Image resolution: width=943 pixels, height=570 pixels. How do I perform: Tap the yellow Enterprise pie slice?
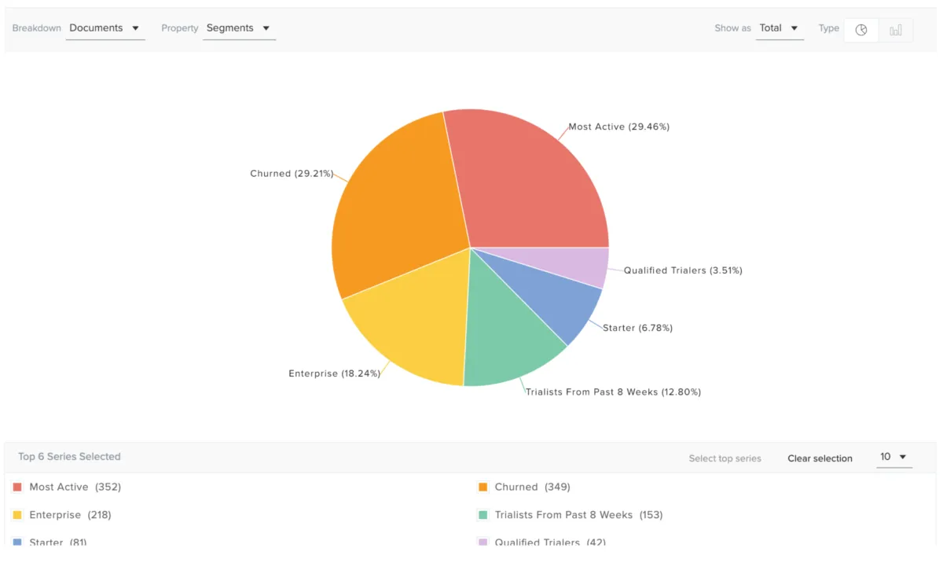pyautogui.click(x=409, y=322)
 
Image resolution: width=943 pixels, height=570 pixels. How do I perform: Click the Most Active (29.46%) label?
pyautogui.click(x=618, y=127)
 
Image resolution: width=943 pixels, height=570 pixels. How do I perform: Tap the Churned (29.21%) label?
pyautogui.click(x=292, y=174)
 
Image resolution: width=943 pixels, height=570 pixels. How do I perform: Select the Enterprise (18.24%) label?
pyautogui.click(x=334, y=373)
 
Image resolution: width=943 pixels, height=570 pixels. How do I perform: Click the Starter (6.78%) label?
pyautogui.click(x=637, y=328)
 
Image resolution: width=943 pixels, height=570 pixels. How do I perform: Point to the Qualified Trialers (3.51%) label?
pyautogui.click(x=683, y=270)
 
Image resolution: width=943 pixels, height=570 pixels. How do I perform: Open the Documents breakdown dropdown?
pyautogui.click(x=105, y=28)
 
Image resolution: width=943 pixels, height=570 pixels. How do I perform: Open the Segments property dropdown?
pyautogui.click(x=238, y=28)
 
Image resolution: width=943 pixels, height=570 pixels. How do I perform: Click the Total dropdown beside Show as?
pyautogui.click(x=779, y=28)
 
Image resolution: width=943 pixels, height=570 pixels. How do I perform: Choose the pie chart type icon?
pyautogui.click(x=861, y=30)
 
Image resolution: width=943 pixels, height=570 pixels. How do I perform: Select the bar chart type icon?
pyautogui.click(x=896, y=30)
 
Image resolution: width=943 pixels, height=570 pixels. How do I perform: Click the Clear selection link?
pyautogui.click(x=820, y=458)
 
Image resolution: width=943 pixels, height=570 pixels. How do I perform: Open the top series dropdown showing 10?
pyautogui.click(x=893, y=457)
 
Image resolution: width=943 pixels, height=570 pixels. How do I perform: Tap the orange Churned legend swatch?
pyautogui.click(x=483, y=487)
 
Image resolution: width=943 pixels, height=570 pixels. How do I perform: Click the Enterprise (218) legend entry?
pyautogui.click(x=70, y=515)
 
